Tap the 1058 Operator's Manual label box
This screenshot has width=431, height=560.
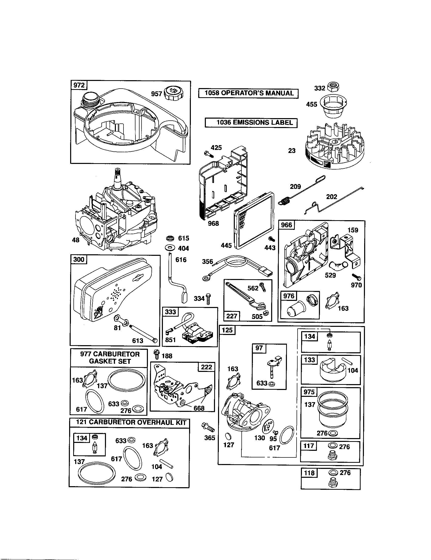248,93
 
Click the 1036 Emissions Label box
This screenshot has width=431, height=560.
251,123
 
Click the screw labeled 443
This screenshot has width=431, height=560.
271,239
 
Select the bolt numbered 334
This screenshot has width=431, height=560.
208,299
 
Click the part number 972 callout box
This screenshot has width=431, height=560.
79,85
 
